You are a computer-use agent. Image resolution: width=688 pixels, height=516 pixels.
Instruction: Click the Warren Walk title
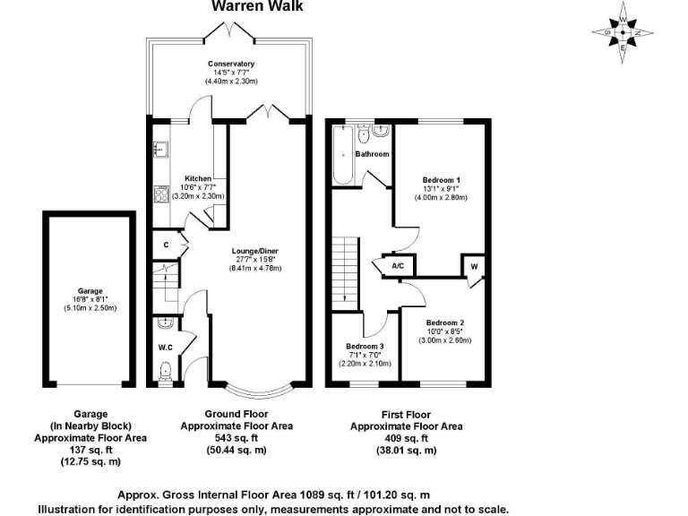[257, 6]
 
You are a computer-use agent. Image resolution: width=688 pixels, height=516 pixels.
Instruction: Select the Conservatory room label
[231, 64]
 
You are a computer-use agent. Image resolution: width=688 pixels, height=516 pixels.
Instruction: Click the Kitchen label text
[197, 178]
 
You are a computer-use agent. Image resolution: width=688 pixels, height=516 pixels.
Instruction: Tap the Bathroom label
[372, 154]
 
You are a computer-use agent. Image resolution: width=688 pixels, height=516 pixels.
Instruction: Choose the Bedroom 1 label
[442, 180]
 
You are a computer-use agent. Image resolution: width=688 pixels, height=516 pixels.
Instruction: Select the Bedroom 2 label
[443, 322]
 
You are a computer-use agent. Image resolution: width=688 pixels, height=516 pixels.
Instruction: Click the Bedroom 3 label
[365, 346]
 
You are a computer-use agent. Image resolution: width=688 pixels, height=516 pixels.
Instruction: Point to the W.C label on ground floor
[165, 348]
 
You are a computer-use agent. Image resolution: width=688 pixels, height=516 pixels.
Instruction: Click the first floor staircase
[345, 268]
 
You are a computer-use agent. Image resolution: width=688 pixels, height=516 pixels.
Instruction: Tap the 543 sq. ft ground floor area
[237, 438]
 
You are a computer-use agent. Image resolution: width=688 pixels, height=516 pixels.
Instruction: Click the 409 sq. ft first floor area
[406, 438]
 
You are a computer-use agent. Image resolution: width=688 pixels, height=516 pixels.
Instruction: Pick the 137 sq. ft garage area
[90, 450]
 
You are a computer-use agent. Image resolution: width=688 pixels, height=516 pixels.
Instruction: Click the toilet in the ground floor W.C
[164, 371]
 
